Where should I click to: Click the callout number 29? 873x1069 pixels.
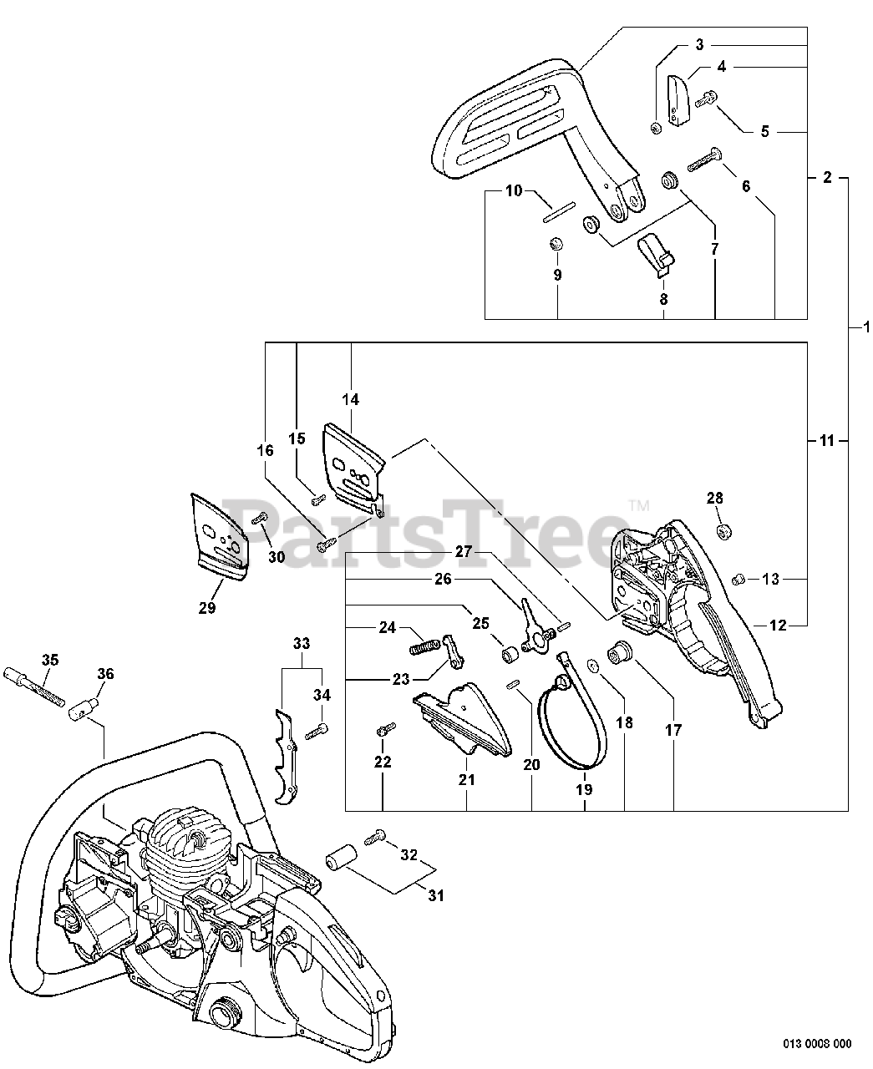click(x=206, y=608)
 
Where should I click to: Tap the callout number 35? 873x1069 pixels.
click(x=51, y=660)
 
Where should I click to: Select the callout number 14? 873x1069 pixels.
click(x=350, y=400)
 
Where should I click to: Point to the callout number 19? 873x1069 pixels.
click(x=584, y=788)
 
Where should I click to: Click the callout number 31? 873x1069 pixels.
click(x=436, y=896)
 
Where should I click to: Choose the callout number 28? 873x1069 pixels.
click(x=714, y=499)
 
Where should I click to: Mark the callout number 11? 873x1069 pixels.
click(x=826, y=440)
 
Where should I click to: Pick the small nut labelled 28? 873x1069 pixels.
click(x=725, y=530)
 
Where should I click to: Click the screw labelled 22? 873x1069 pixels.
click(x=383, y=732)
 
